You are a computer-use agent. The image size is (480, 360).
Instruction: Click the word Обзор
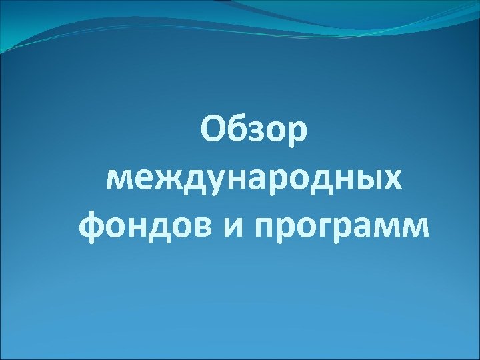[x=253, y=129]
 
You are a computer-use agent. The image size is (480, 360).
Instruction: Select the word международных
[x=254, y=180]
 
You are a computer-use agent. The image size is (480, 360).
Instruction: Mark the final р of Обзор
[x=297, y=133]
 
